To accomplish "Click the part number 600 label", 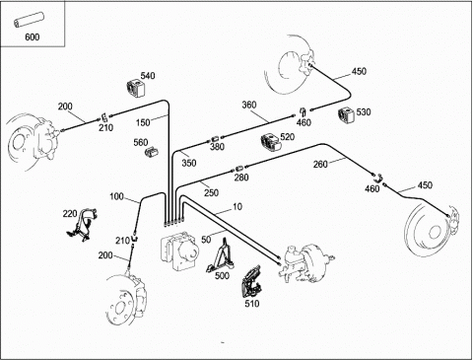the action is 33,36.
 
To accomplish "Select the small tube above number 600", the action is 29,20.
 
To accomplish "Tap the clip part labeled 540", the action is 136,89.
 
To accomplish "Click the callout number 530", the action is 364,112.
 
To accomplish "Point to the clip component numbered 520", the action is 271,143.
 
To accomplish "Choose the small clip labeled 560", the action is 151,152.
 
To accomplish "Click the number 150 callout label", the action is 143,122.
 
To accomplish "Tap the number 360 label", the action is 249,105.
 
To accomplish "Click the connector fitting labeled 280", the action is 238,169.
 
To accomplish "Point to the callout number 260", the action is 320,164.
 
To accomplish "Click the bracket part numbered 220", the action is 82,225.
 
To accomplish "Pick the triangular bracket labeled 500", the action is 220,255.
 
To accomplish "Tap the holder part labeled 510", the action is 251,281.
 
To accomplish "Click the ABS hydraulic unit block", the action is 179,251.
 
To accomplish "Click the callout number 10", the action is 237,206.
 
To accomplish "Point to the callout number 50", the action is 206,240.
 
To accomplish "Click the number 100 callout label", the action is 116,196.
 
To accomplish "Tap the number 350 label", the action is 189,163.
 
